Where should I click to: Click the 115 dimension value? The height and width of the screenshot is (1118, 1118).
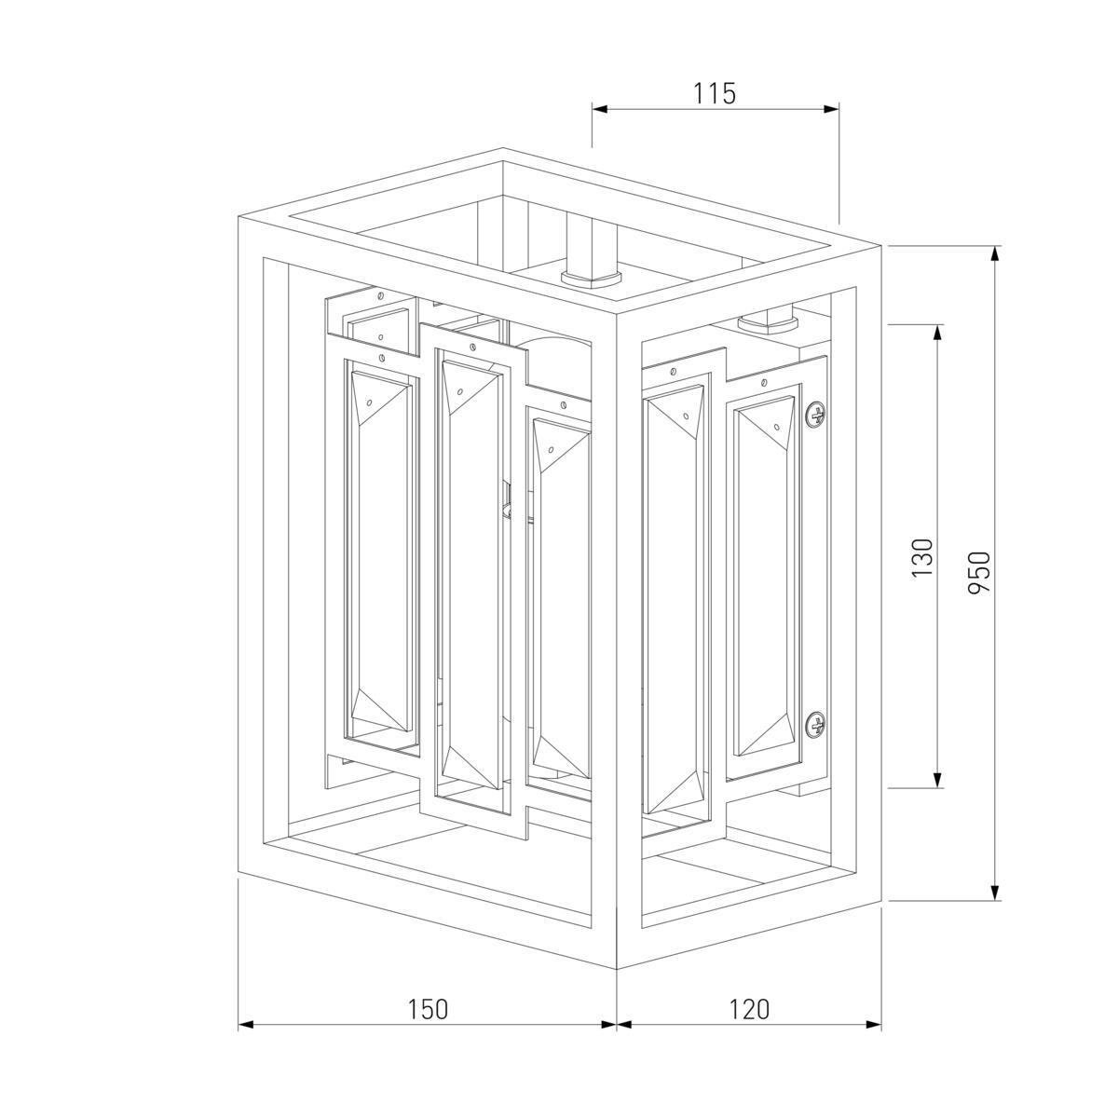[x=715, y=93]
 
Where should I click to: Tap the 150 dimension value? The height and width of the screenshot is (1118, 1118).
[x=429, y=1009]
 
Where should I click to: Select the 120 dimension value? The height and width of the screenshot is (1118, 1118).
[x=749, y=1009]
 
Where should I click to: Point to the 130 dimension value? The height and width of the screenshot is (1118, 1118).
[x=921, y=556]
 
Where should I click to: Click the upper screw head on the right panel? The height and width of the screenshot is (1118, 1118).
[x=816, y=415]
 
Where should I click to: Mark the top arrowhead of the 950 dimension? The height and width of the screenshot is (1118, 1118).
[x=996, y=252]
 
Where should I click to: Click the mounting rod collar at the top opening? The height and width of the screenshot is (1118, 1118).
[x=591, y=275]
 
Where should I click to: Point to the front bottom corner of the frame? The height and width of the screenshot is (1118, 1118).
[x=617, y=969]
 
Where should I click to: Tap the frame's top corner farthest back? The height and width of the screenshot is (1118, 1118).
[x=503, y=149]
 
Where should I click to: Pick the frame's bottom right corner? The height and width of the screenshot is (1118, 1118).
[x=881, y=901]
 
